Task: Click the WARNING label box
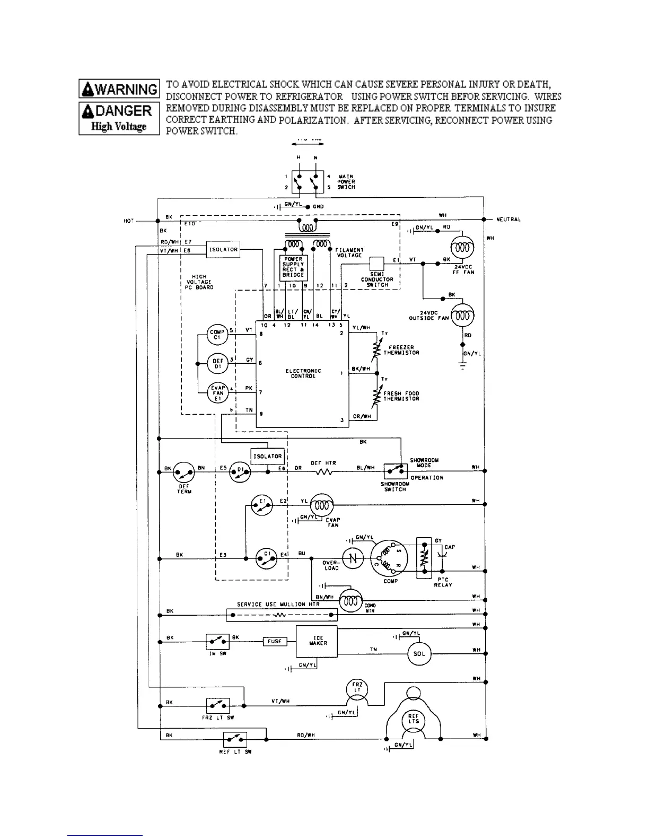119,89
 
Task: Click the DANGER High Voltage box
119,118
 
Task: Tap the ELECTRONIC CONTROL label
303,373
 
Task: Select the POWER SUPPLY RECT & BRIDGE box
293,267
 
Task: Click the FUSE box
275,641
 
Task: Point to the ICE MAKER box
317,641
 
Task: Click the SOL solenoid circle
419,654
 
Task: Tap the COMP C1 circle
217,335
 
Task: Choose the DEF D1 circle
217,364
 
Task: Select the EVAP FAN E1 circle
217,393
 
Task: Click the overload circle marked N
353,558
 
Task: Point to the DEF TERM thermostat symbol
184,471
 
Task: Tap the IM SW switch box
217,642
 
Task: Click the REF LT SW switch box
235,739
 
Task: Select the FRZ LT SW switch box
217,706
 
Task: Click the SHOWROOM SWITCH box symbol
396,471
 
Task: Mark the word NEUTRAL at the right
508,220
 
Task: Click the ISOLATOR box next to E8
223,249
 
